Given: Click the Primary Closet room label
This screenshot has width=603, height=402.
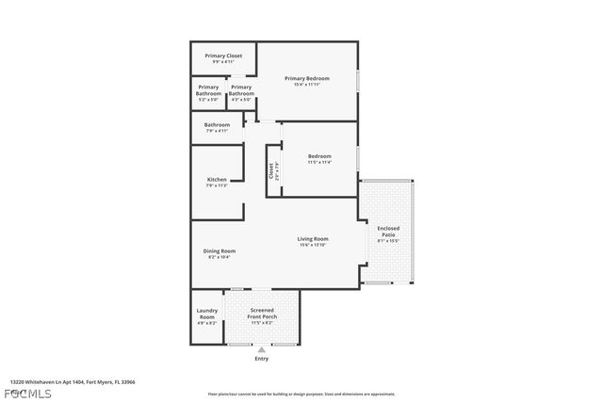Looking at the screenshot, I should pos(224,56).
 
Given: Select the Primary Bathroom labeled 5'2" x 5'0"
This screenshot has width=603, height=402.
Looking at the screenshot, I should pos(208,90).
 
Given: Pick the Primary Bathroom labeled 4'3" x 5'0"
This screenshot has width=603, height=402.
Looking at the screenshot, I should pos(241,90).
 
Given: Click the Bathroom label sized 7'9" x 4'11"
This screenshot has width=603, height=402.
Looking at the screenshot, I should pos(217,124).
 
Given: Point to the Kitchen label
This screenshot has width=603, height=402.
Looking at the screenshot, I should pos(217,179).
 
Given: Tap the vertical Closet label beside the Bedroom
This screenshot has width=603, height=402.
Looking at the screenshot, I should pos(270,170).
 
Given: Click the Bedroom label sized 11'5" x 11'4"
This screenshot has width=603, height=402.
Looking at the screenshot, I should pos(319,156).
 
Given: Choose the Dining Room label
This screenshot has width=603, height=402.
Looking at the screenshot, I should pos(220,251).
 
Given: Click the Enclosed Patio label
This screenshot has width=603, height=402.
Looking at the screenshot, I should pos(388,232).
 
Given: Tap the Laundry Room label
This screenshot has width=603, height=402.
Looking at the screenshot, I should pos(206,314).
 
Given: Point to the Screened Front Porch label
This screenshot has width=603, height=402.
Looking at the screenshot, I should pos(262,314).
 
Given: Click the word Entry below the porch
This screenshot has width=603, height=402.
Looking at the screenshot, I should pos(262,359).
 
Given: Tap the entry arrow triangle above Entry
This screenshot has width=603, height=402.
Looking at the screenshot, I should pos(262,349).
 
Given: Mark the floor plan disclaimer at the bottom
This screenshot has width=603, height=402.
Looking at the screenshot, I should pos(301,394).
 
